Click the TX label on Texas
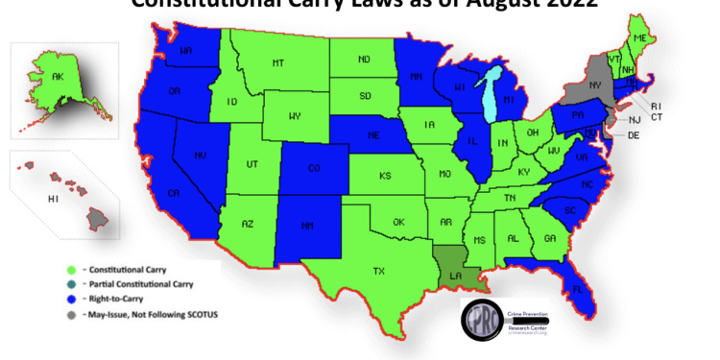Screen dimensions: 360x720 pos(379,272)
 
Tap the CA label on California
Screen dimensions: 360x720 pos(175,195)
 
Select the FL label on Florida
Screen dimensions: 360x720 pos(577,286)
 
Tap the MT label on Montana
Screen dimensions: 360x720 pos(277,63)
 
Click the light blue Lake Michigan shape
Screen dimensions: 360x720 pos(492,94)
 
